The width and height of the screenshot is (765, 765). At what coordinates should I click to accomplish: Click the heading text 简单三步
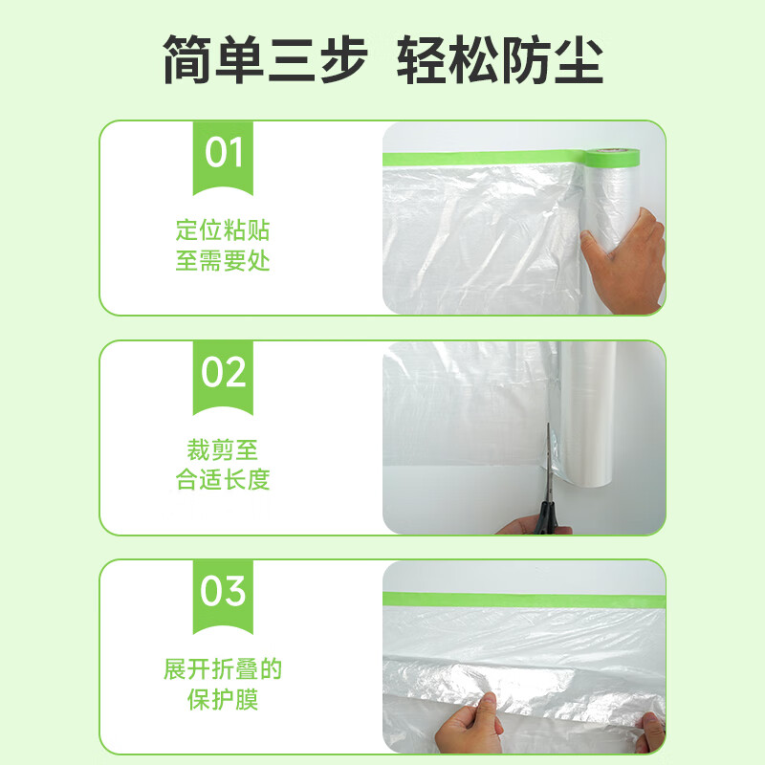click(265, 60)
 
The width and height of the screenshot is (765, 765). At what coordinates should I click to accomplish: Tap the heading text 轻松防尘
click(500, 60)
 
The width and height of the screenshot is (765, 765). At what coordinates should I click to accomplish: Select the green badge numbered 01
click(224, 154)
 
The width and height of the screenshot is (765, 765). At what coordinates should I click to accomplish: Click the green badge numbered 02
click(224, 373)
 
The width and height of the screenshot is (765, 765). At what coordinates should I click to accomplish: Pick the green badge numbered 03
click(224, 592)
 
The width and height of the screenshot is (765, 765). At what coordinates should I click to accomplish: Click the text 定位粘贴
click(223, 230)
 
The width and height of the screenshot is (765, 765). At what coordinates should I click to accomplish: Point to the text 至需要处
click(223, 260)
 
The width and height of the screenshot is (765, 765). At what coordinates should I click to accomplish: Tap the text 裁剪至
click(223, 449)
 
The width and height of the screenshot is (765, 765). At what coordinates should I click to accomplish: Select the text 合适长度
click(223, 479)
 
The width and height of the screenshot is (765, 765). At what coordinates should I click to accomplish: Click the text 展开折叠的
click(223, 668)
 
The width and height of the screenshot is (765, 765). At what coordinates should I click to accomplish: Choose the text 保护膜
click(223, 698)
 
